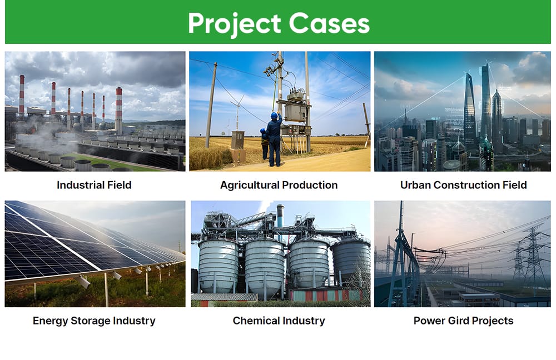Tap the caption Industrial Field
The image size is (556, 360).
[x=94, y=185]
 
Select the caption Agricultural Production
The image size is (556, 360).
[x=279, y=185]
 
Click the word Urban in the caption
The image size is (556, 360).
[x=415, y=185]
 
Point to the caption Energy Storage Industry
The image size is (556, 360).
[x=94, y=321]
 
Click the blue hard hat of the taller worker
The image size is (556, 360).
[x=274, y=116]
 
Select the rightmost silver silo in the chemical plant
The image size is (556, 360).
[x=351, y=261]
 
